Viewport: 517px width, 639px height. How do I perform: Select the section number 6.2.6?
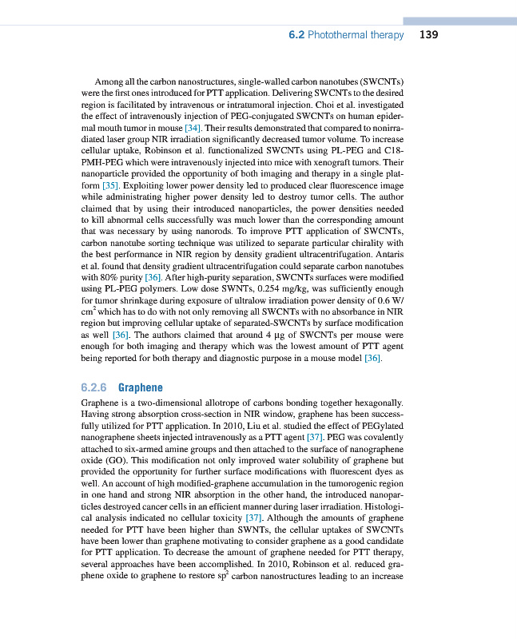pos(94,388)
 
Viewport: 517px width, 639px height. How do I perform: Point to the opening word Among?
pos(109,81)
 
